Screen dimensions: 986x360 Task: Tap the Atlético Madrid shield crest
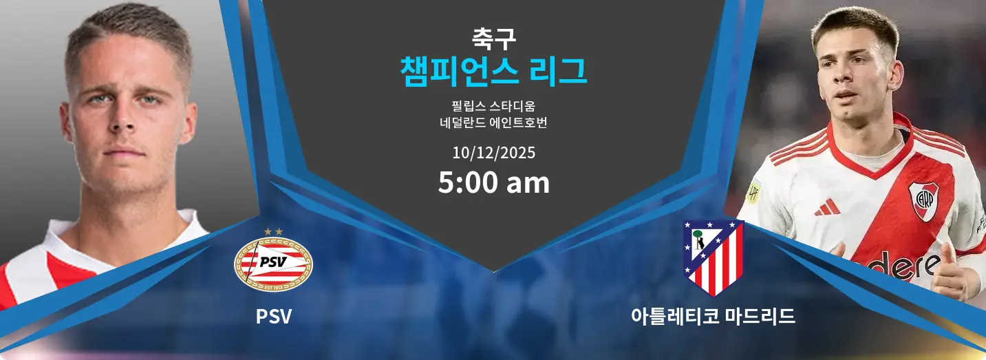[x=713, y=258]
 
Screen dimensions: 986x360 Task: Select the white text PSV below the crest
[x=274, y=317]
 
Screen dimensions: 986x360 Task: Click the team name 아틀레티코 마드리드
[x=713, y=316]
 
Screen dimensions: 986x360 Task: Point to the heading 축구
[x=494, y=39]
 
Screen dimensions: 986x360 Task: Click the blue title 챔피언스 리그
[x=493, y=71]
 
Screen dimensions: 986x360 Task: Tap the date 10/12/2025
[x=494, y=153]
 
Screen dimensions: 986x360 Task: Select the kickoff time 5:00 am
[x=494, y=182]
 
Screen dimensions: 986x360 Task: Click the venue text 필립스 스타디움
[x=493, y=106]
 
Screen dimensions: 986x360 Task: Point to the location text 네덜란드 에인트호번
[x=493, y=122]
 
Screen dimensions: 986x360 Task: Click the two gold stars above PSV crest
[x=273, y=231]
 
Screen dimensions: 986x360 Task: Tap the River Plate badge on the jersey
[x=923, y=201]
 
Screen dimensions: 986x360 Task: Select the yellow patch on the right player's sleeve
[x=754, y=192]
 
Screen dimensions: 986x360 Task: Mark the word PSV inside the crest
[x=273, y=262]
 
